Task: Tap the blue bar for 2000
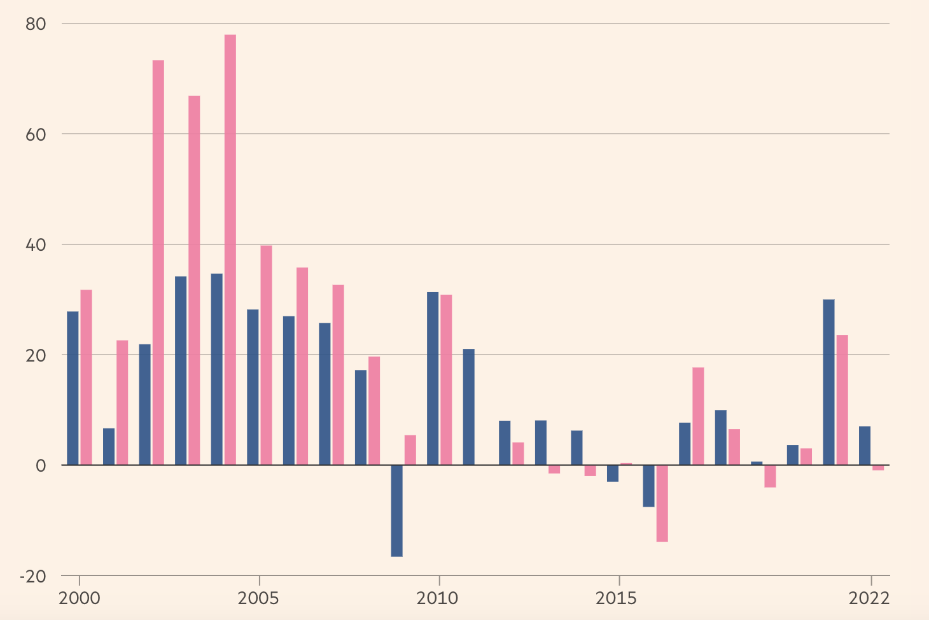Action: click(x=73, y=388)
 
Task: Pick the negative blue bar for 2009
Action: click(x=396, y=511)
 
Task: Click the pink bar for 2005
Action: click(x=266, y=355)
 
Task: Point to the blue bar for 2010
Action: click(x=433, y=378)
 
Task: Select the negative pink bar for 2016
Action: click(x=662, y=503)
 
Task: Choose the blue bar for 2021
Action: click(x=828, y=382)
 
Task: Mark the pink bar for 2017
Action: click(x=698, y=416)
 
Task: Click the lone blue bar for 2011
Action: click(x=468, y=407)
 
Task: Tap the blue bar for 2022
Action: click(x=865, y=446)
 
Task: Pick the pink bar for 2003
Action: click(x=194, y=280)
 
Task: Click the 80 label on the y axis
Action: click(x=36, y=24)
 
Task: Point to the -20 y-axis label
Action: click(x=33, y=576)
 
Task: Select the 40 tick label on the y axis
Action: click(x=36, y=245)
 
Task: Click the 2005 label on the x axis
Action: click(x=259, y=599)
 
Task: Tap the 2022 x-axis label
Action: click(x=870, y=599)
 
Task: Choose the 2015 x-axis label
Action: click(x=618, y=599)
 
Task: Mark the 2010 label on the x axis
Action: click(x=439, y=599)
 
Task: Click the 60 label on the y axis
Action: click(x=36, y=134)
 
